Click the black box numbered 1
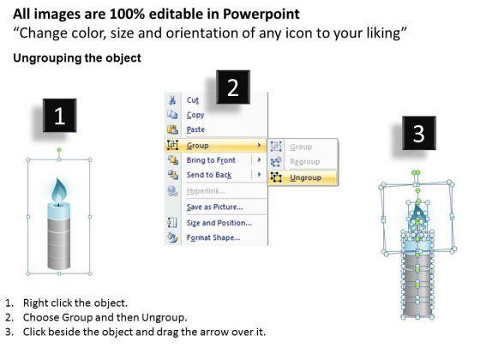point(60,116)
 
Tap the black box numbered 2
point(233,87)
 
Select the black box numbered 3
point(419,133)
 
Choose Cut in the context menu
point(193,100)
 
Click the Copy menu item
point(195,115)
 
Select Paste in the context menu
point(195,129)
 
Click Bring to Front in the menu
point(211,160)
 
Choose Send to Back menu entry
point(209,175)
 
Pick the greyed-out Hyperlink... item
point(206,191)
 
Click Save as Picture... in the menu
point(214,207)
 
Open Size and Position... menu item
point(219,223)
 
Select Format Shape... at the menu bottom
point(213,237)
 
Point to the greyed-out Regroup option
point(305,162)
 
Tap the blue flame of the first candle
point(59,191)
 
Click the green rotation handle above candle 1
point(59,150)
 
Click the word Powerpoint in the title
point(261,14)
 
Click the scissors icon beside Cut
point(172,100)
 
